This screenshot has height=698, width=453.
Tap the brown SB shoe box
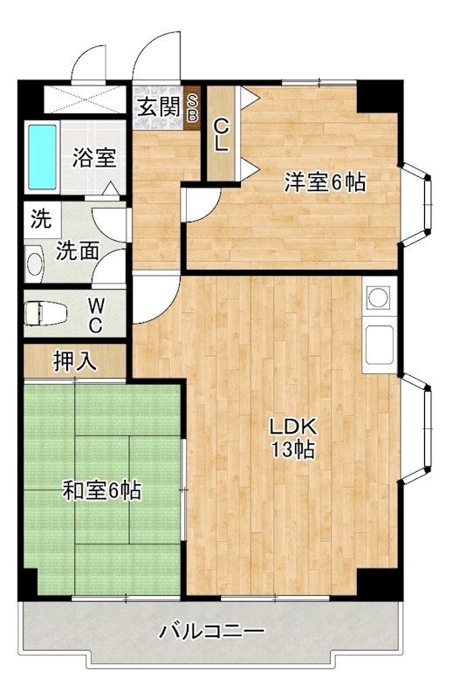point(193,107)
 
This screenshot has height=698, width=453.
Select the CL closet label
point(222,135)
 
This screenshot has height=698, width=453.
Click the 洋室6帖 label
point(324,182)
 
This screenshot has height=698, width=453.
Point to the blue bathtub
point(42,156)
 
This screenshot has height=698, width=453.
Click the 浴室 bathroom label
point(94,159)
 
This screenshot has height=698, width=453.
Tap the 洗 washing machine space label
point(40,219)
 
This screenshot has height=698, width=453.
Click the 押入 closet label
point(76,361)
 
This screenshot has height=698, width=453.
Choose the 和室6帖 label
point(101,491)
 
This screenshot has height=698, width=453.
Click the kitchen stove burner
point(378,298)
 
